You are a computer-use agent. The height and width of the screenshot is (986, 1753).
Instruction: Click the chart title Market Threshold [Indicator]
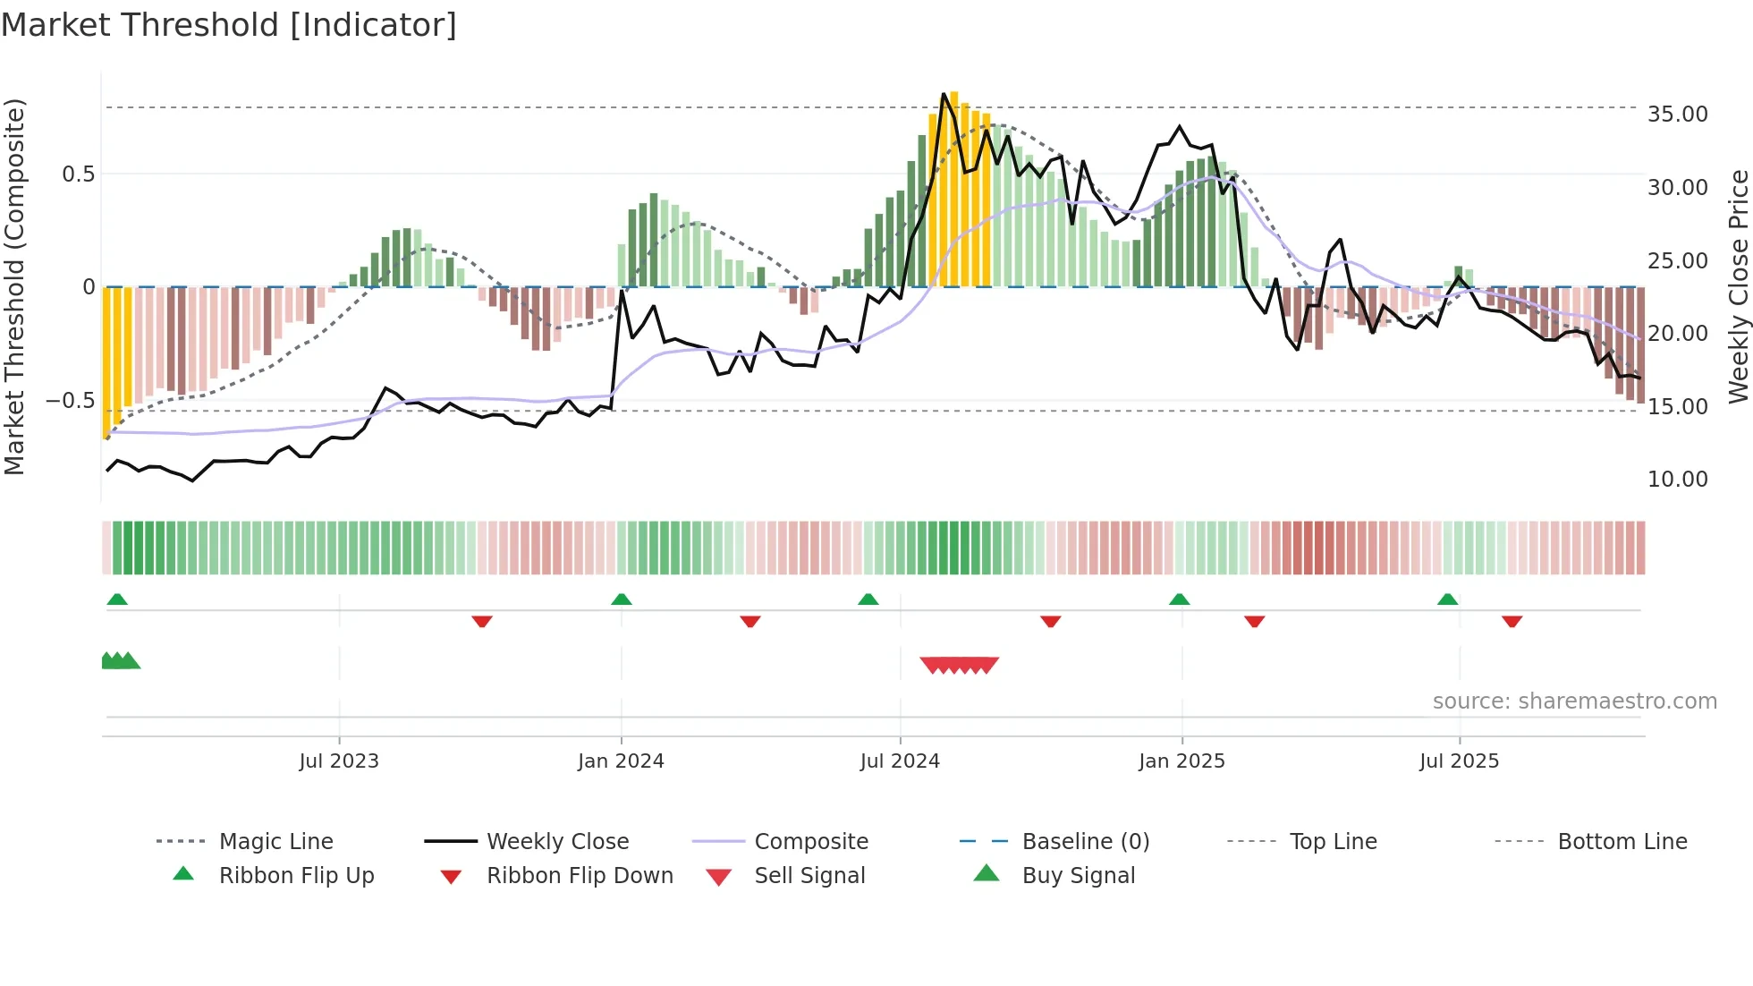(x=229, y=25)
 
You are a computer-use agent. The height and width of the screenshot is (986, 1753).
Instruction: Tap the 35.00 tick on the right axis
(x=1677, y=115)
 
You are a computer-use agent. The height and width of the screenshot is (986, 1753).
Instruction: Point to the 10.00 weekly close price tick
(x=1677, y=480)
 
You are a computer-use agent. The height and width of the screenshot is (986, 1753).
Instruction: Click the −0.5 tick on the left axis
(x=71, y=400)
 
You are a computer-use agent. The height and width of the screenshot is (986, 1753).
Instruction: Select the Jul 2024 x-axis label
(x=900, y=761)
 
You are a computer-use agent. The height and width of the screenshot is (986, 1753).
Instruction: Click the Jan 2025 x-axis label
(x=1181, y=761)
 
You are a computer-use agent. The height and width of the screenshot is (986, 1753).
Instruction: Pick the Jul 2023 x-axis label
(x=339, y=761)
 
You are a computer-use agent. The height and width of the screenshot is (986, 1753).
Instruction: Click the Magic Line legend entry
(x=275, y=842)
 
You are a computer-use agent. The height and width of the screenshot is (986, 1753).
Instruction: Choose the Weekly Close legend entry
(x=557, y=842)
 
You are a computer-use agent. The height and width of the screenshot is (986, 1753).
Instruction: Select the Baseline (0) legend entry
(x=1085, y=842)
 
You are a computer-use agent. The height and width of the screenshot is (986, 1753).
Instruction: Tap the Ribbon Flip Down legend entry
(x=579, y=876)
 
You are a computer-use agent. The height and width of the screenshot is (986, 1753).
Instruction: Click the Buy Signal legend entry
(x=1078, y=876)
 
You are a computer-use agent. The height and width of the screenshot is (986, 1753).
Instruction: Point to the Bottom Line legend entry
(x=1622, y=842)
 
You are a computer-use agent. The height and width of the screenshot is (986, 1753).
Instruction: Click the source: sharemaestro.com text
(x=1574, y=701)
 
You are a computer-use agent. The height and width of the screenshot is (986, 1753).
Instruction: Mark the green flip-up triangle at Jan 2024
(x=622, y=599)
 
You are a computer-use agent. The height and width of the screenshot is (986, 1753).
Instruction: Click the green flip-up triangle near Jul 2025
(x=1447, y=599)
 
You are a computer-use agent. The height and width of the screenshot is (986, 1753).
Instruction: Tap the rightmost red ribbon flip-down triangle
(x=1512, y=622)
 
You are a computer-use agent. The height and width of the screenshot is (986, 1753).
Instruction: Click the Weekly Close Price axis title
(x=1738, y=286)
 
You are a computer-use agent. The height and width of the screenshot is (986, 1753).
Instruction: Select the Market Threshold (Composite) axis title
(x=14, y=286)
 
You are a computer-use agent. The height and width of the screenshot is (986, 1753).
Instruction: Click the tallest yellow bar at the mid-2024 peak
(x=954, y=188)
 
